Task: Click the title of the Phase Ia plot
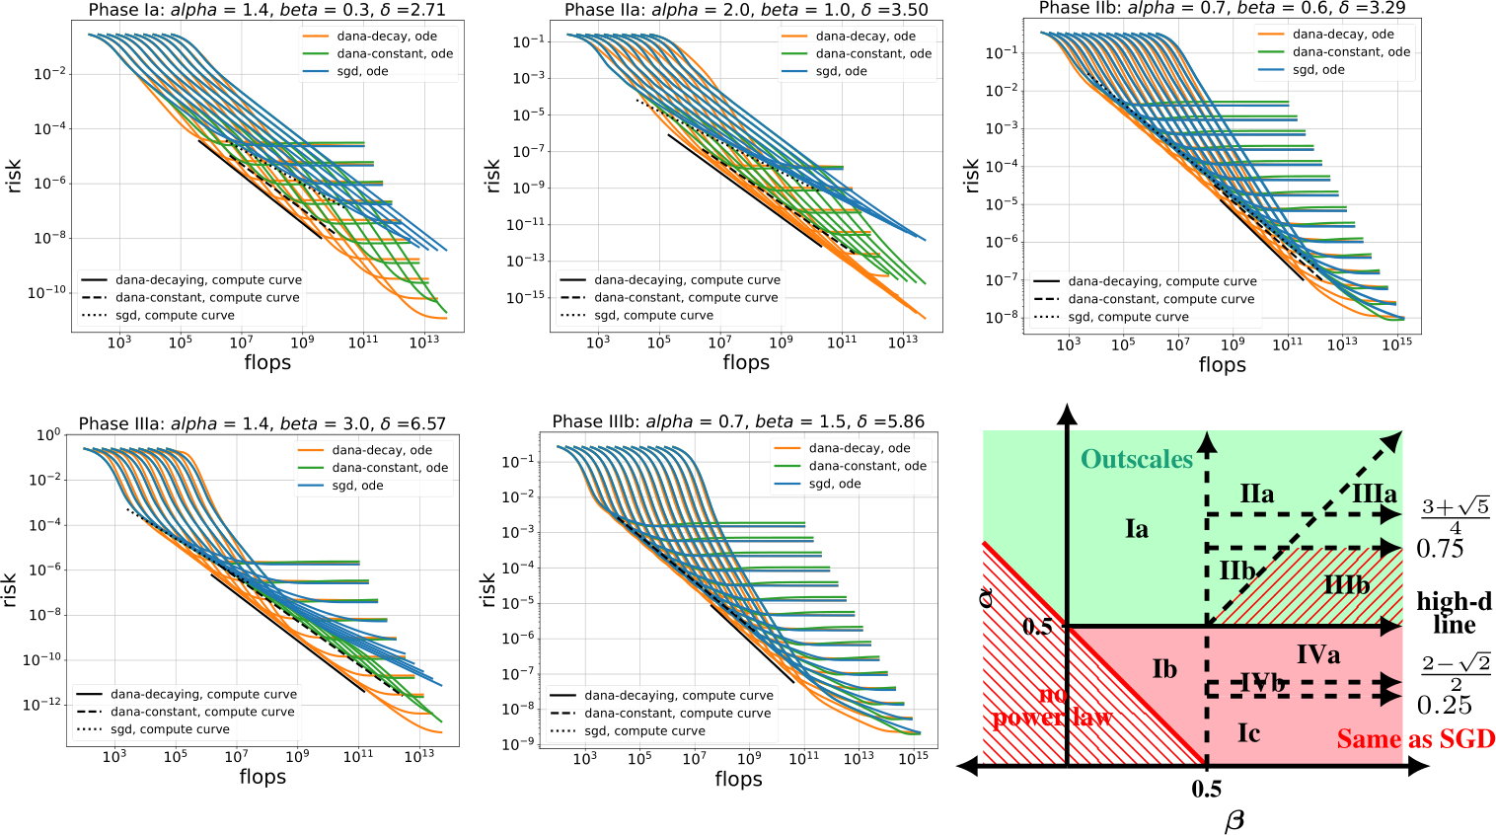266,10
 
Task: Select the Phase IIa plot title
746,10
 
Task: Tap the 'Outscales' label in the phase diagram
1137,459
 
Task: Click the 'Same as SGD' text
1415,739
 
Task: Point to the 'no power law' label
1053,707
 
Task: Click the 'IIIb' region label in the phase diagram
1346,584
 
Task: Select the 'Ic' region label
1248,732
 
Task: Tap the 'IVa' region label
1317,653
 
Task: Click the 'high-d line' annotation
1454,613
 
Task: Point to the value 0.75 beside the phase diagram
1440,549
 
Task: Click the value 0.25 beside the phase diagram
1444,705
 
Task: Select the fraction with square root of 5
1455,515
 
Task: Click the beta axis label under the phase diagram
1234,820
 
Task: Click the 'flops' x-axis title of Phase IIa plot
745,363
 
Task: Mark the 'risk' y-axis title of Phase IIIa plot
10,589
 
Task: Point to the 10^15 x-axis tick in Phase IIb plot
1396,344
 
